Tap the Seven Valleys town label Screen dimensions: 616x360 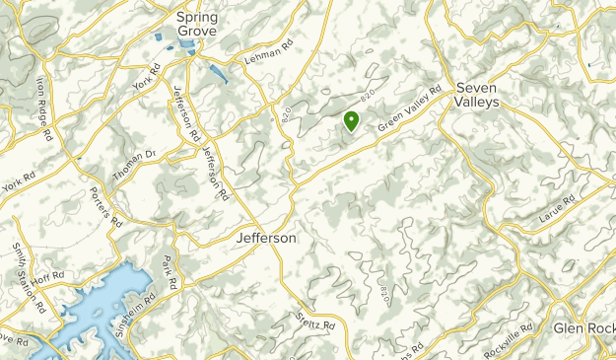[x=477, y=94]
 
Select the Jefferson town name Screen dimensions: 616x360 [x=266, y=239]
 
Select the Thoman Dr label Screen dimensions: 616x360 [x=136, y=157]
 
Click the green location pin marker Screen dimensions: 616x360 [x=350, y=120]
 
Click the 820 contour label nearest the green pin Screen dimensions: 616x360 [x=370, y=99]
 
